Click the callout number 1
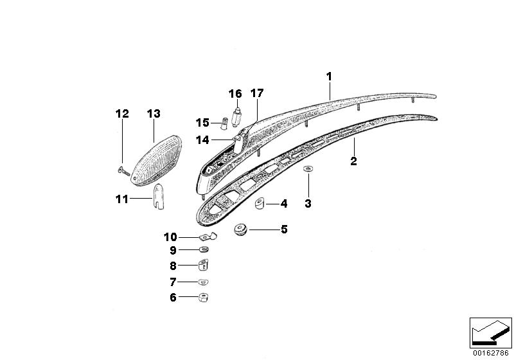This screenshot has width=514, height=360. (328, 76)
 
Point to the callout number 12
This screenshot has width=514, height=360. (122, 114)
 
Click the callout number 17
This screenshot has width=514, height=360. (256, 93)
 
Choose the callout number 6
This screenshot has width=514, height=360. (173, 297)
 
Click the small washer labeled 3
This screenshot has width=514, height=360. (308, 170)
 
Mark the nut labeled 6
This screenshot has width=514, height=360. (203, 297)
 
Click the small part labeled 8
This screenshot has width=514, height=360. (204, 264)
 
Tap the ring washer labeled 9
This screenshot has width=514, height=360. (204, 249)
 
